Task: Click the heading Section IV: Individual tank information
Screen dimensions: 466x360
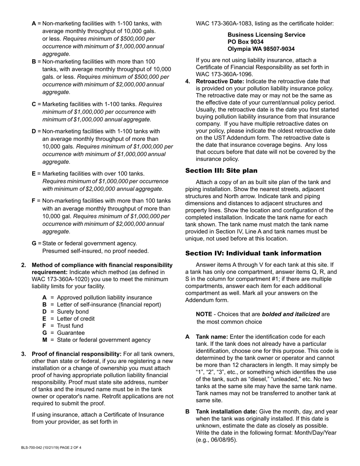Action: [x=253, y=253]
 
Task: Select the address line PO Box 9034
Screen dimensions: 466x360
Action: [x=246, y=42]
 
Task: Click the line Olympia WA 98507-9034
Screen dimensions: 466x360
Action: [x=261, y=49]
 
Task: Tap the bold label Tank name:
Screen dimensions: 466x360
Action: [x=212, y=337]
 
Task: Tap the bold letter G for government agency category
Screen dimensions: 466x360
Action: [x=34, y=244]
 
